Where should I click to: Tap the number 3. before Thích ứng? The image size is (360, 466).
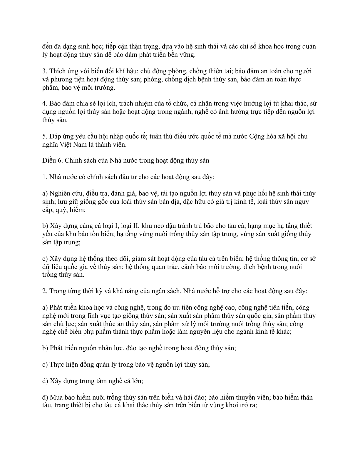point(45,71)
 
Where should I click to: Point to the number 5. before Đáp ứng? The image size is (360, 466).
point(45,136)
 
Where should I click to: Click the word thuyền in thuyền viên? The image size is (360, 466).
point(246,397)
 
